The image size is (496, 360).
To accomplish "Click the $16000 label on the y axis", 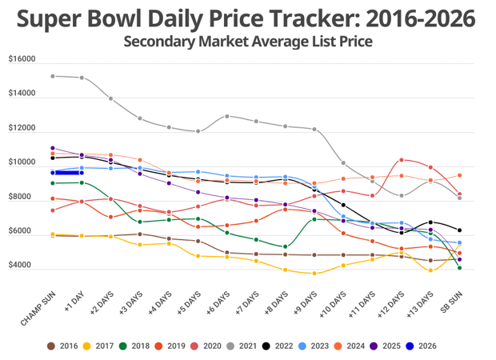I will click(x=22, y=59).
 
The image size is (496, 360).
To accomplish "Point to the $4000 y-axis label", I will click(x=22, y=266).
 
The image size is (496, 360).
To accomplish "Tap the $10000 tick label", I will click(x=22, y=162).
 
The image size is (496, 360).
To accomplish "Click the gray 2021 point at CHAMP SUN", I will click(x=52, y=76).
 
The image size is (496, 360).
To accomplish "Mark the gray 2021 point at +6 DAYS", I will click(x=227, y=116).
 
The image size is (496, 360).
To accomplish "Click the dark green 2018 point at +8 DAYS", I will click(x=286, y=246).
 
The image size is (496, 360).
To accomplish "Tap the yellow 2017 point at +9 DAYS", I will click(x=314, y=274).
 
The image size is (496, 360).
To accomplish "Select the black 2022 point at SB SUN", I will click(x=459, y=230).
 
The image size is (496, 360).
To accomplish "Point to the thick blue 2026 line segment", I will click(x=66, y=172).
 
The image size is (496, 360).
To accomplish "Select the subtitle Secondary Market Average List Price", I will click(x=247, y=42).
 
